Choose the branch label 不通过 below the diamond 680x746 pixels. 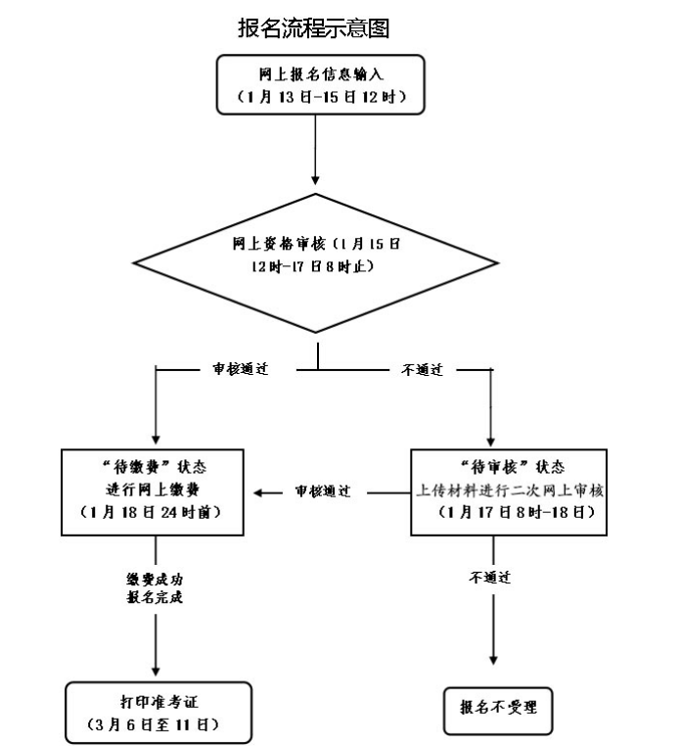point(424,371)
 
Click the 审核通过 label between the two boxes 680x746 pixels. point(323,490)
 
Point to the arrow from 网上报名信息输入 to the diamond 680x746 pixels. point(315,147)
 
